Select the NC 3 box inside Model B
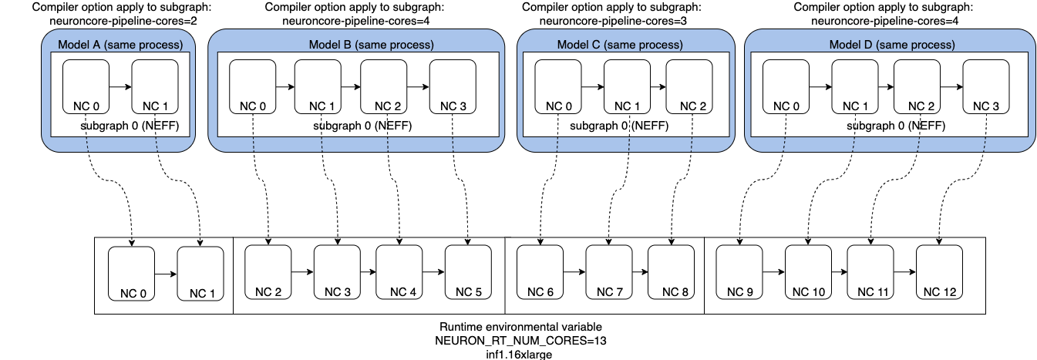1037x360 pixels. tap(453, 88)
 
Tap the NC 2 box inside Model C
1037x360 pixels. tap(689, 88)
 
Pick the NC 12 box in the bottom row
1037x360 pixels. tap(939, 272)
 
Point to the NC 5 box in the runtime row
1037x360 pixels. tap(468, 272)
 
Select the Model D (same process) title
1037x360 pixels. tap(891, 45)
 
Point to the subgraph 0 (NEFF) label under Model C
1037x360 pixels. tap(619, 125)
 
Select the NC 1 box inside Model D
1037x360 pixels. tap(855, 88)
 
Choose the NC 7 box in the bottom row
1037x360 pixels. tap(608, 272)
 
